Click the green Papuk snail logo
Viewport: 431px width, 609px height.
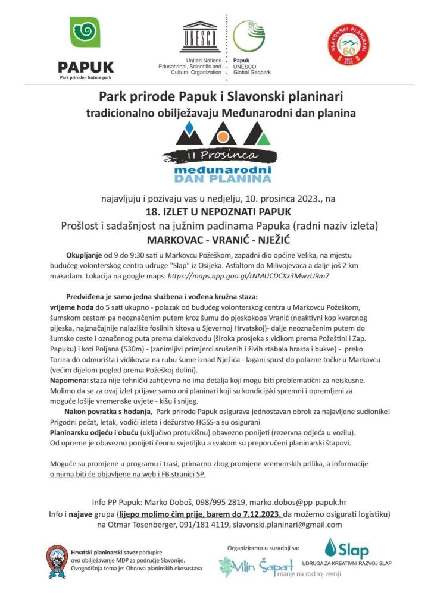[85, 32]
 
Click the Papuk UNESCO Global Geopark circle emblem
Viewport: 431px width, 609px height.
[249, 36]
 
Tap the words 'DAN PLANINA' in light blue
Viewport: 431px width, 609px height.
[223, 178]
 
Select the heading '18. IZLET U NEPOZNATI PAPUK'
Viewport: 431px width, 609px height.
[215, 211]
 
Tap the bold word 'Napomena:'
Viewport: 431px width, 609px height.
[70, 379]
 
